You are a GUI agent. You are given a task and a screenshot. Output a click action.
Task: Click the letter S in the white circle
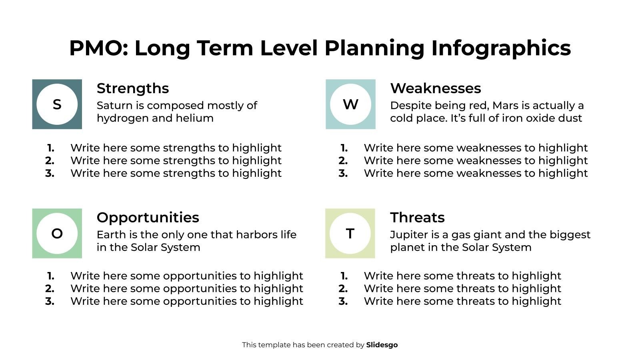[57, 104]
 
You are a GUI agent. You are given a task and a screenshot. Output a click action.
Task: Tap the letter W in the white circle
[350, 104]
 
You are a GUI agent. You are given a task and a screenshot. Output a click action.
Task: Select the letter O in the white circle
[57, 234]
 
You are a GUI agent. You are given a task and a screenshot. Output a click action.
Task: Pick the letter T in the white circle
[350, 234]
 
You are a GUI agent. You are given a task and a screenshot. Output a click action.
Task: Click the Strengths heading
[133, 88]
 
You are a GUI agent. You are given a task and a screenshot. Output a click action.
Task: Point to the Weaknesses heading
[435, 88]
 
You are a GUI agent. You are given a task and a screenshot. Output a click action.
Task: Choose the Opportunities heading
[148, 217]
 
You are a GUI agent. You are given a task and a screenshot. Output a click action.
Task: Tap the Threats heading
[417, 217]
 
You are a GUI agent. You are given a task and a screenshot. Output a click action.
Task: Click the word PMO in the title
[98, 48]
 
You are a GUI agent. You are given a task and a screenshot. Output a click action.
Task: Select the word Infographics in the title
[501, 48]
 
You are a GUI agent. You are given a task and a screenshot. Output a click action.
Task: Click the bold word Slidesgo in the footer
[382, 345]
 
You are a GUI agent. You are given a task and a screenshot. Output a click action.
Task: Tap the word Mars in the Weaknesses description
[505, 106]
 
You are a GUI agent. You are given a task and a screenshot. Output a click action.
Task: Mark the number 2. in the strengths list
[50, 161]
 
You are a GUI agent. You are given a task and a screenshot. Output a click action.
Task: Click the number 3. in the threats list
[343, 301]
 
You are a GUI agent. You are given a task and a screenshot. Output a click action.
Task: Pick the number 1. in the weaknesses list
[344, 148]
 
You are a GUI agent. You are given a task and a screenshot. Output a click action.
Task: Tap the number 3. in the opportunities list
[50, 301]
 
